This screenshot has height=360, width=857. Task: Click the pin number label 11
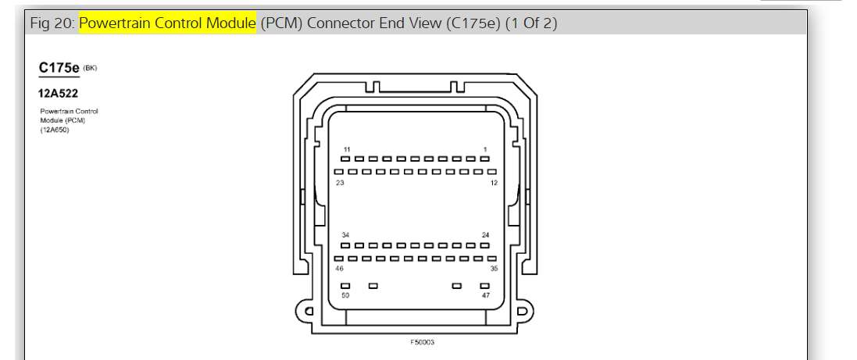(347, 149)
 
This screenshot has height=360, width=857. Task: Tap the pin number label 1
(485, 149)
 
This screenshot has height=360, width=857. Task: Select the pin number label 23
(340, 183)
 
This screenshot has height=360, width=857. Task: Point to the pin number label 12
(494, 183)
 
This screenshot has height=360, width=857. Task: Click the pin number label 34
(345, 235)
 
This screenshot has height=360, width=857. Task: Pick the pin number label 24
(485, 235)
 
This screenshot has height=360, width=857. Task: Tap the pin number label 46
(340, 269)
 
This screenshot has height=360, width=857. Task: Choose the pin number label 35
(494, 269)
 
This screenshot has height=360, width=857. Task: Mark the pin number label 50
(345, 295)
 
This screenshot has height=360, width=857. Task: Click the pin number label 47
(485, 295)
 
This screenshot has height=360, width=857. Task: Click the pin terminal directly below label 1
(485, 159)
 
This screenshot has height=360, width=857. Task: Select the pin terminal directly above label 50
(345, 286)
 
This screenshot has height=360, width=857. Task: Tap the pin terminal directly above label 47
(485, 286)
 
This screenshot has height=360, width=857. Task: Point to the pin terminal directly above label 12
(492, 172)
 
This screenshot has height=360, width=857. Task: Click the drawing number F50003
(423, 342)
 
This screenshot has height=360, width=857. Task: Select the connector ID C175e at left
(59, 68)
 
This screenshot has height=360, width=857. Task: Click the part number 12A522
(58, 93)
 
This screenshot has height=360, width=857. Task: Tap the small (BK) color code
(90, 68)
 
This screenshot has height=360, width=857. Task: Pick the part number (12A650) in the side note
(55, 130)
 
